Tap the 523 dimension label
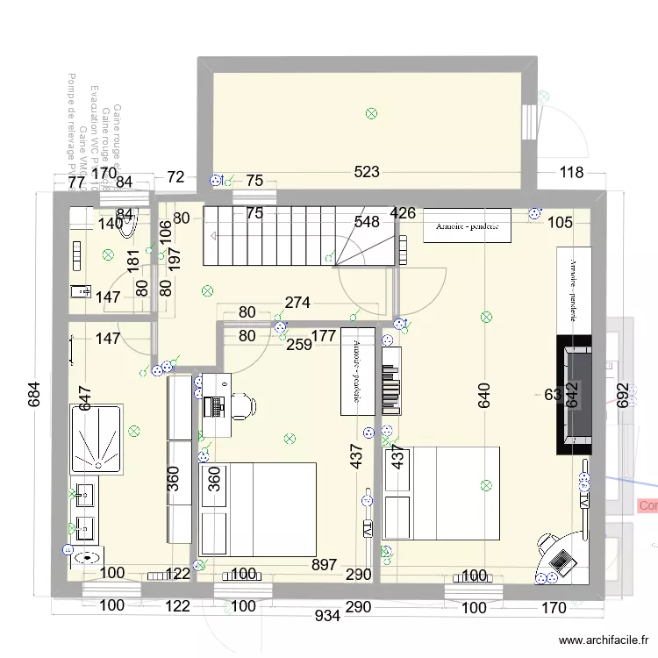(x=367, y=173)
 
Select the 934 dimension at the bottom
(x=328, y=617)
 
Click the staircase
(x=298, y=235)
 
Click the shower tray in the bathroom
(x=97, y=437)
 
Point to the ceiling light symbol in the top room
(x=371, y=112)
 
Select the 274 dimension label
(x=297, y=304)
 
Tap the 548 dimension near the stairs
(x=368, y=222)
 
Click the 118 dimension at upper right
(x=571, y=173)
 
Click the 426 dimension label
(x=404, y=213)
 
